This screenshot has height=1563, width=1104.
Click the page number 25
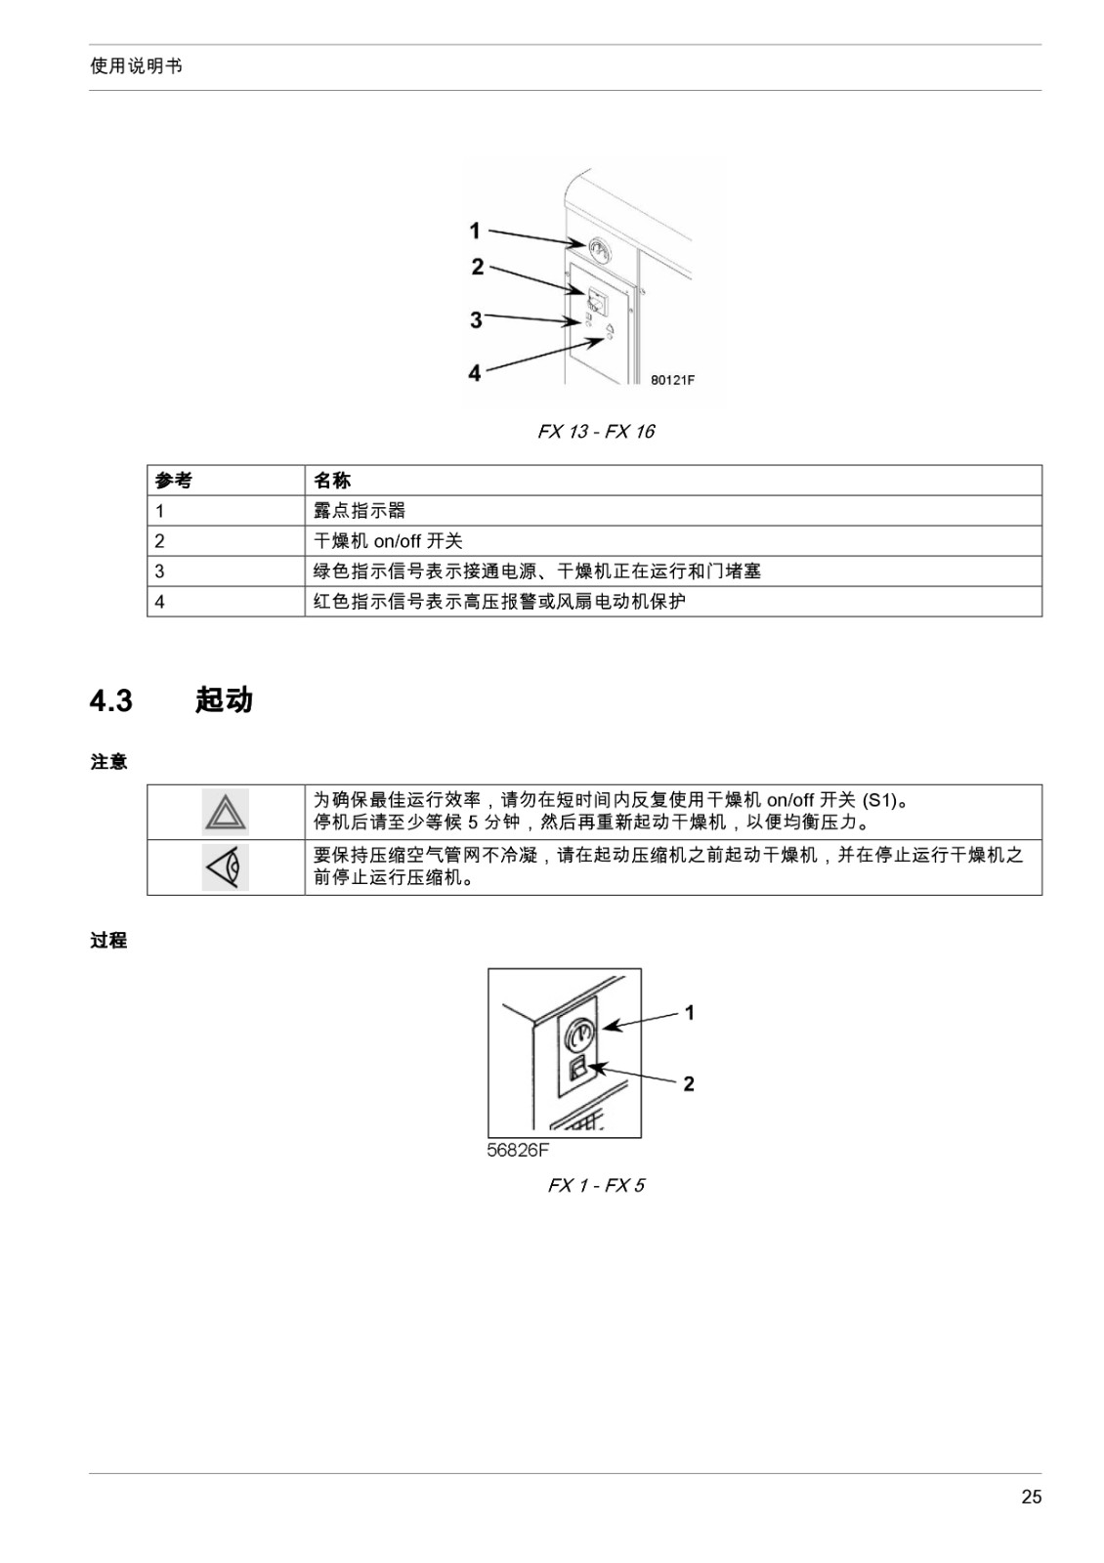1031,1497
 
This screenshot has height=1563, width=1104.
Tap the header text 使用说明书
136,66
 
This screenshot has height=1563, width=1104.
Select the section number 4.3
111,700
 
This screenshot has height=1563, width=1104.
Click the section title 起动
224,699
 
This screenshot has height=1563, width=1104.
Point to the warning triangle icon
226,812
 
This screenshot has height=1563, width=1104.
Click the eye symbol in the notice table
226,867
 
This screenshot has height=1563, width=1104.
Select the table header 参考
173,480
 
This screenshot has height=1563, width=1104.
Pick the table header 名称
331,480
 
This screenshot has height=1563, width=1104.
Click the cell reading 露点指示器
360,511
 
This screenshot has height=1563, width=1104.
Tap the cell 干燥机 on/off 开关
388,541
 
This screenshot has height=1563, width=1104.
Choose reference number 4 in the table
160,602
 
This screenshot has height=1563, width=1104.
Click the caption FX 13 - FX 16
596,432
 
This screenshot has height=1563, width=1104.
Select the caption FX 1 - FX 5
596,1186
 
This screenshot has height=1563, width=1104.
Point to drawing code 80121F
673,380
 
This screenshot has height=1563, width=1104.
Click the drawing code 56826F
518,1150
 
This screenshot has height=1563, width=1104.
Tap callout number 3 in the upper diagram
476,319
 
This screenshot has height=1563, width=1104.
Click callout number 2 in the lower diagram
689,1083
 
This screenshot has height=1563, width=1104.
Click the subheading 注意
108,762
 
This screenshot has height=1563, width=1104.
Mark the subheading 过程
108,941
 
